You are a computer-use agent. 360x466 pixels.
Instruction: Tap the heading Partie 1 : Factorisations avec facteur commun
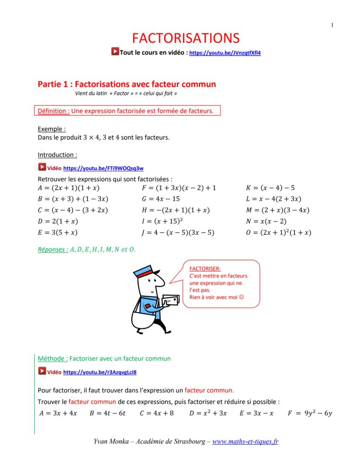point(127,84)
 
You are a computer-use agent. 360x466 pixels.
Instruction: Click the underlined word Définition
point(53,111)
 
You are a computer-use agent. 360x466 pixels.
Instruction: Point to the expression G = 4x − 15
point(160,199)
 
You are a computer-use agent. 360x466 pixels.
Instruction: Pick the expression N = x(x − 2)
point(269,221)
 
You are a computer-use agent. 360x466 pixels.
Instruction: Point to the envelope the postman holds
point(170,301)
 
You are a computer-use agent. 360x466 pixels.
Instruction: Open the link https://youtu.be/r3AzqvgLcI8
point(100,372)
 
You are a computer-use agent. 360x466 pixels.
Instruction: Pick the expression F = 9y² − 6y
point(310,413)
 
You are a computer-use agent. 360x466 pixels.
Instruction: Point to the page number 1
point(333,25)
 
